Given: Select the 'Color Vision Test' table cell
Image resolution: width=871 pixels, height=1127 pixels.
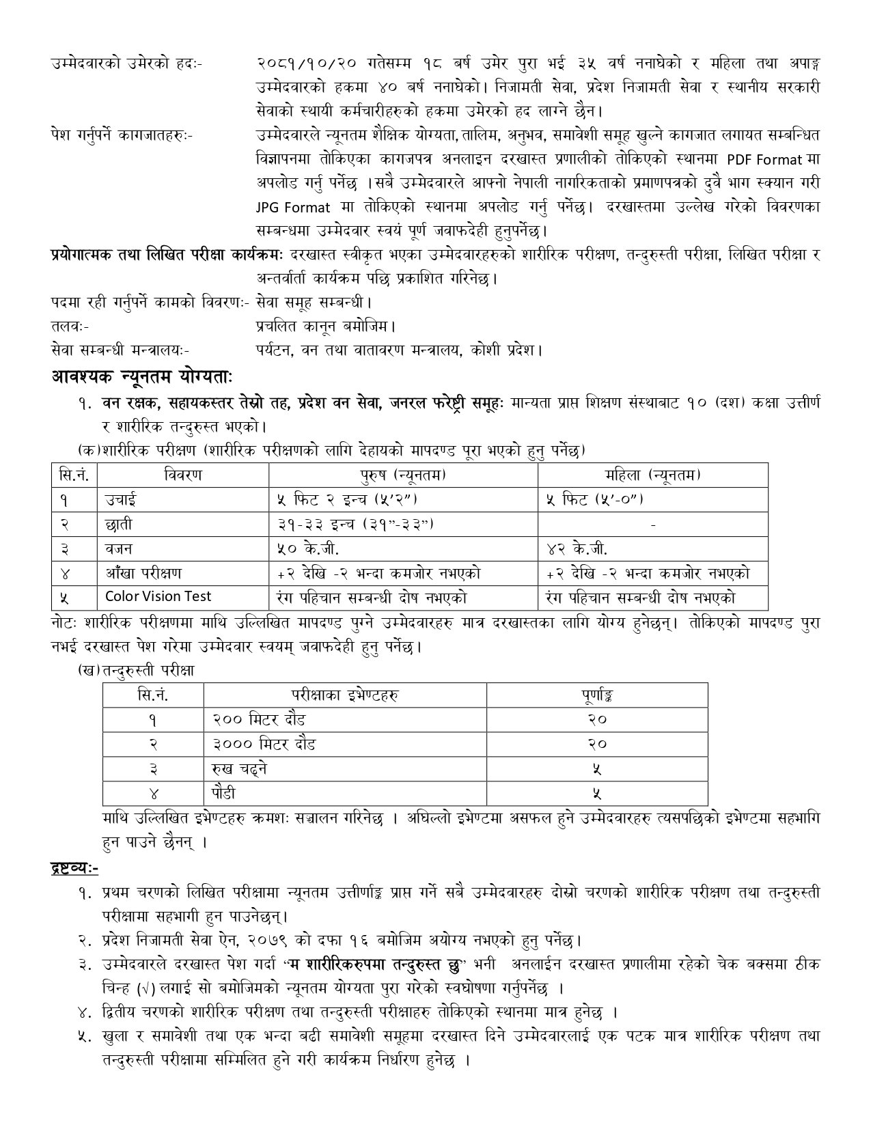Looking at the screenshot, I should point(158,596).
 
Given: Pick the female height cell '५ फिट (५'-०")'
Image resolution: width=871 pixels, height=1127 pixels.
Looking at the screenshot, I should point(595,499).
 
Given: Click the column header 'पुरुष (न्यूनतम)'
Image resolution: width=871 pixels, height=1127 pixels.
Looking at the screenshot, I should point(403,475).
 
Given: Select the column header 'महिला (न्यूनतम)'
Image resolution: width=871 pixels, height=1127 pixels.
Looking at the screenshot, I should point(652,475).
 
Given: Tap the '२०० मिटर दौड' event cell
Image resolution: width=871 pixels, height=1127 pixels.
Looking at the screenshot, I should point(259,719).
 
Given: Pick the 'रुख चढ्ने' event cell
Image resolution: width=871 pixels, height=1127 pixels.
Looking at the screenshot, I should point(239,768).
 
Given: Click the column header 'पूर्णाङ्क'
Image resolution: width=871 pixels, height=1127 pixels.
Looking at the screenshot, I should point(596,695).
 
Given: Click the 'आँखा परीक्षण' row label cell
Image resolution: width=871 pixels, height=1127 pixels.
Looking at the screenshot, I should point(143,572).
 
